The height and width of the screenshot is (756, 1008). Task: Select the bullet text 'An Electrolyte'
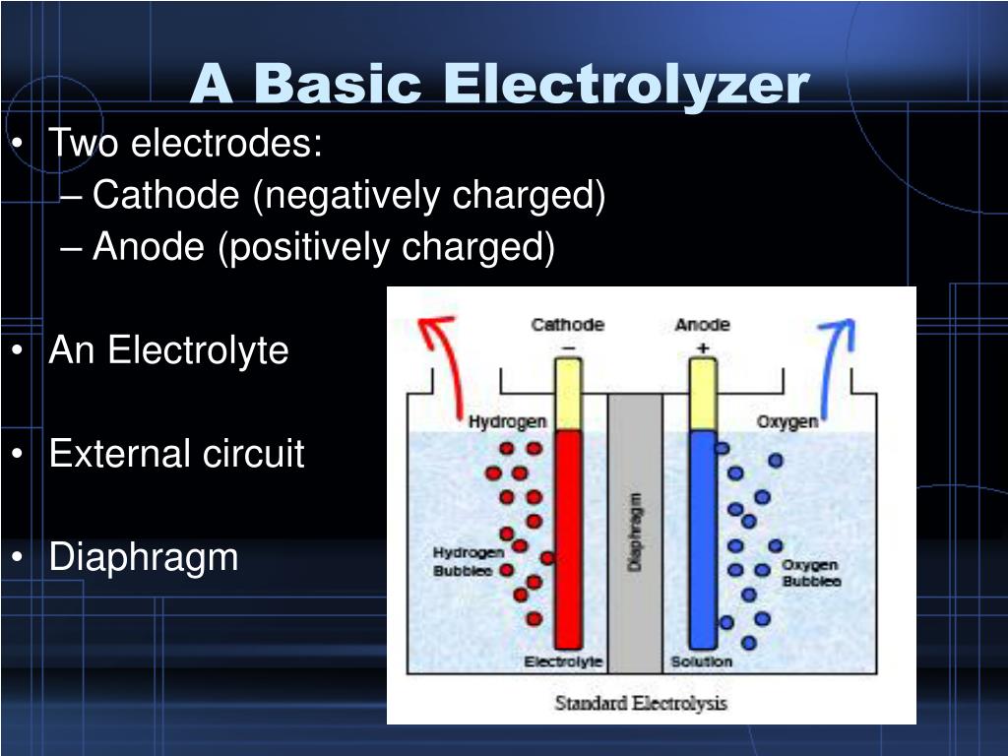tap(168, 350)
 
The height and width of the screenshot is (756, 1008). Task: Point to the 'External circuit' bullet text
tap(177, 454)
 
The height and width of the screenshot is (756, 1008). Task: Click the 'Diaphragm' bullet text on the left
tap(144, 557)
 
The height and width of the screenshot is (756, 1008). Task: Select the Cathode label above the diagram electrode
tap(568, 325)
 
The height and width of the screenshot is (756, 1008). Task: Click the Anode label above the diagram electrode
tap(702, 325)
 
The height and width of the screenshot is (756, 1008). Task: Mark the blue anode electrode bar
tap(703, 536)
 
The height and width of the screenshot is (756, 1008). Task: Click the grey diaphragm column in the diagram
tap(635, 532)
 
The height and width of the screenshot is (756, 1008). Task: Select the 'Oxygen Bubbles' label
tap(810, 573)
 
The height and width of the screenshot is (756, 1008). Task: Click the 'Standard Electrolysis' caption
tap(641, 703)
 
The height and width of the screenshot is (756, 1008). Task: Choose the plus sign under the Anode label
tap(702, 347)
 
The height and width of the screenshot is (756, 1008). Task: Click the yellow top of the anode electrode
tap(703, 394)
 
